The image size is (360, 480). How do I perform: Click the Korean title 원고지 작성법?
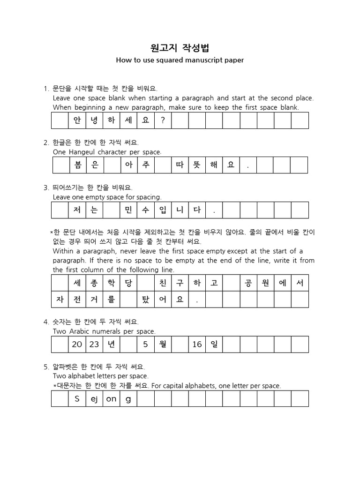coord(180,48)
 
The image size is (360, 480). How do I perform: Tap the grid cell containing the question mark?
coord(163,120)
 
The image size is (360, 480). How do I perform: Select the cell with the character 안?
coord(77,120)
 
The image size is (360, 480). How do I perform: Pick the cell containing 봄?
coord(77,165)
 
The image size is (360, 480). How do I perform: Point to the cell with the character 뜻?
coord(197,165)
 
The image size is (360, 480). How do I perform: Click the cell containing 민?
coord(128,210)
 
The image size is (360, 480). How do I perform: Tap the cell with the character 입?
coord(163,210)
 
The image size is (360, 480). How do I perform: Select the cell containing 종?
coord(94,283)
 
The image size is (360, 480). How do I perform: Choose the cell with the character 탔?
coord(145,300)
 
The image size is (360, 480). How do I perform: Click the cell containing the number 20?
coord(77,344)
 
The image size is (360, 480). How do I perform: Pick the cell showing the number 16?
coord(197,344)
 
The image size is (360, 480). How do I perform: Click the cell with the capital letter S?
coord(77,398)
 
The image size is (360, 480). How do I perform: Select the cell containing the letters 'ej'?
coord(94,398)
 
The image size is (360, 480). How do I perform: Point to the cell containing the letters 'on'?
coord(111,398)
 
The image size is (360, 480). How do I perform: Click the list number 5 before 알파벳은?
coord(45,367)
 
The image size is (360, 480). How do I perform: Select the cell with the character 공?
coord(248,283)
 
